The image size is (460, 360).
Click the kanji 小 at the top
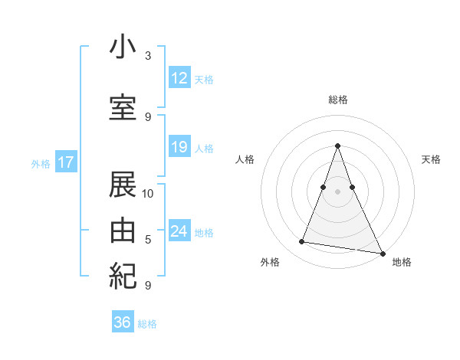123,47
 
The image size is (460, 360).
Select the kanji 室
123,107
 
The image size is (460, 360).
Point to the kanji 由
123,231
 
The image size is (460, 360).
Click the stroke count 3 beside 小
148,56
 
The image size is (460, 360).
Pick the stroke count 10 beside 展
148,193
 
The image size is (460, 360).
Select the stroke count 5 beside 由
148,239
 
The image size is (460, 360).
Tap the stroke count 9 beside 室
148,116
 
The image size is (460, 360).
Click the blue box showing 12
179,78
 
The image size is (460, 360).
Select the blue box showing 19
179,147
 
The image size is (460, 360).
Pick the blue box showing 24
179,231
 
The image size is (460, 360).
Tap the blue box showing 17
65,162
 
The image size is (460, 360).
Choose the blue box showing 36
122,322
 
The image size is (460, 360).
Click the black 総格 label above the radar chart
338,100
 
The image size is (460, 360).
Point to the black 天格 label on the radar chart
431,159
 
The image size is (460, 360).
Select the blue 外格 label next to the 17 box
41,163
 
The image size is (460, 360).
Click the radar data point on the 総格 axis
338,145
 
